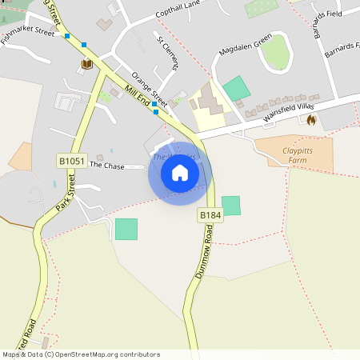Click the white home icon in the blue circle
click(180, 173)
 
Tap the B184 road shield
click(210, 215)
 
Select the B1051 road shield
click(71, 161)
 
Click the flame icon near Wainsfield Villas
click(310, 119)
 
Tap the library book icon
click(86, 64)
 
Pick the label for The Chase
click(107, 165)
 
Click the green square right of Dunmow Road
click(230, 206)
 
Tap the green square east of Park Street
click(126, 229)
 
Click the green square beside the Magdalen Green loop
click(237, 88)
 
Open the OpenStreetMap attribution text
click(81, 354)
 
